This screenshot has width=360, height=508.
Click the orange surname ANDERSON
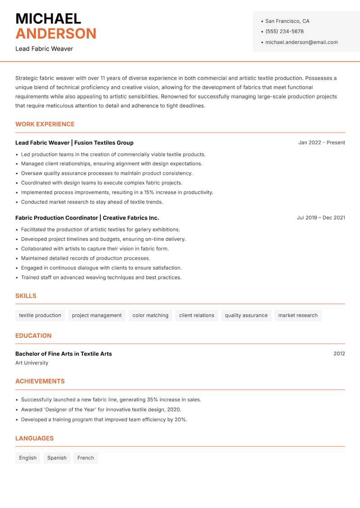[x=56, y=34]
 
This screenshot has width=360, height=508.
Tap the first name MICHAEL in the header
[x=48, y=18]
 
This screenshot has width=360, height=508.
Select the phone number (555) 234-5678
[x=284, y=31]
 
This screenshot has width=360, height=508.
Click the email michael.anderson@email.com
[x=301, y=42]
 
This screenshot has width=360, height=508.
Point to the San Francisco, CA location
[x=287, y=21]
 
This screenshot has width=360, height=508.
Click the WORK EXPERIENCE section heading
[x=45, y=124]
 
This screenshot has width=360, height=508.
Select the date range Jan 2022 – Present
[x=321, y=143]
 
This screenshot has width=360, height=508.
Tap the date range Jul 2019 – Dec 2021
[x=321, y=218]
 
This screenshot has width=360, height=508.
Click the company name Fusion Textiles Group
[x=104, y=143]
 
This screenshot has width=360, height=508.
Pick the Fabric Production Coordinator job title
[x=57, y=218]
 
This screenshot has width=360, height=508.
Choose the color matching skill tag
[x=150, y=315]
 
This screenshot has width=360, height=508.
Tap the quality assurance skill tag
[x=246, y=315]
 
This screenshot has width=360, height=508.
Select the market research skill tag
[x=298, y=315]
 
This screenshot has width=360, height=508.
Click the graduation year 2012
[x=339, y=354]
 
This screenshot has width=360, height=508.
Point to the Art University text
[x=31, y=363]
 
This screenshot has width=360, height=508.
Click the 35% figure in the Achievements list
[x=153, y=400]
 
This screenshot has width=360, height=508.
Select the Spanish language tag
[x=57, y=458]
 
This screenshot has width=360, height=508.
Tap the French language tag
[x=85, y=458]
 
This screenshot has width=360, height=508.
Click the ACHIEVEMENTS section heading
[x=40, y=381]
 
